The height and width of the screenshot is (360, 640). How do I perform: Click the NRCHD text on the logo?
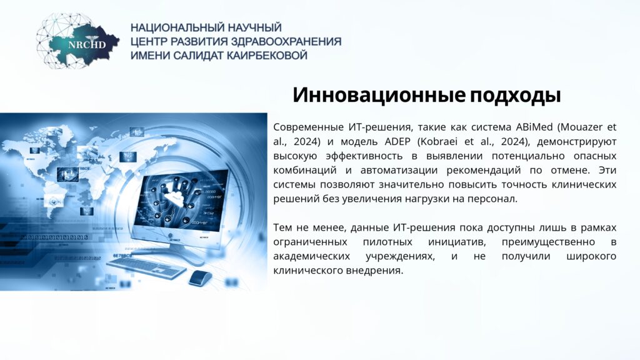(87, 45)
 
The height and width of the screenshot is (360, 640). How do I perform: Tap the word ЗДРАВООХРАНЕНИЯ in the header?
(286, 42)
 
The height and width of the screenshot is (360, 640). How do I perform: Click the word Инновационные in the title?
(379, 95)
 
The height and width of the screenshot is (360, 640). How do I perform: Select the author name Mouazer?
(579, 127)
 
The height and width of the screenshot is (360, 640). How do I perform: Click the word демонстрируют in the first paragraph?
(577, 142)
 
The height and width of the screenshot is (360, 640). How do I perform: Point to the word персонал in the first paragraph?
(495, 199)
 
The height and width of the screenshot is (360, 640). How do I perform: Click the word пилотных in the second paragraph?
(387, 242)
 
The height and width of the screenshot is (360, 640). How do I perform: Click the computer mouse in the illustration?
(201, 278)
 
